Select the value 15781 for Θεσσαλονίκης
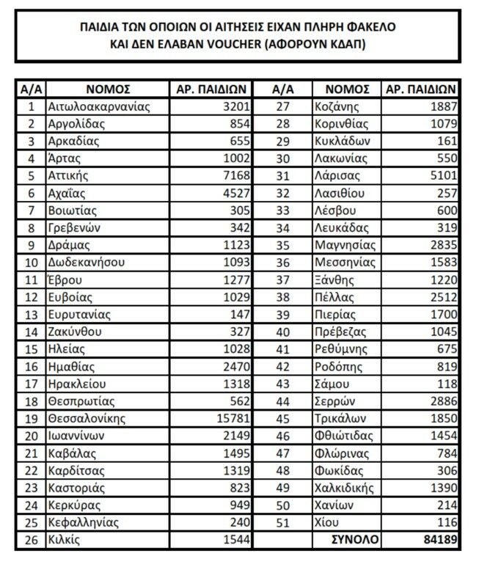point(233,419)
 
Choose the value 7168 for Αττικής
point(237,176)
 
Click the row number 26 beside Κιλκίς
point(31,541)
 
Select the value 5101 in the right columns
point(442,176)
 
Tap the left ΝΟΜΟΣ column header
point(108,89)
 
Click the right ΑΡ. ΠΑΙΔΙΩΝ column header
point(421,89)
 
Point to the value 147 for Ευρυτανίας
point(240,315)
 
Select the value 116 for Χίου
point(446,523)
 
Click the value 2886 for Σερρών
point(442,401)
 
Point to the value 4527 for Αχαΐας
point(237,194)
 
